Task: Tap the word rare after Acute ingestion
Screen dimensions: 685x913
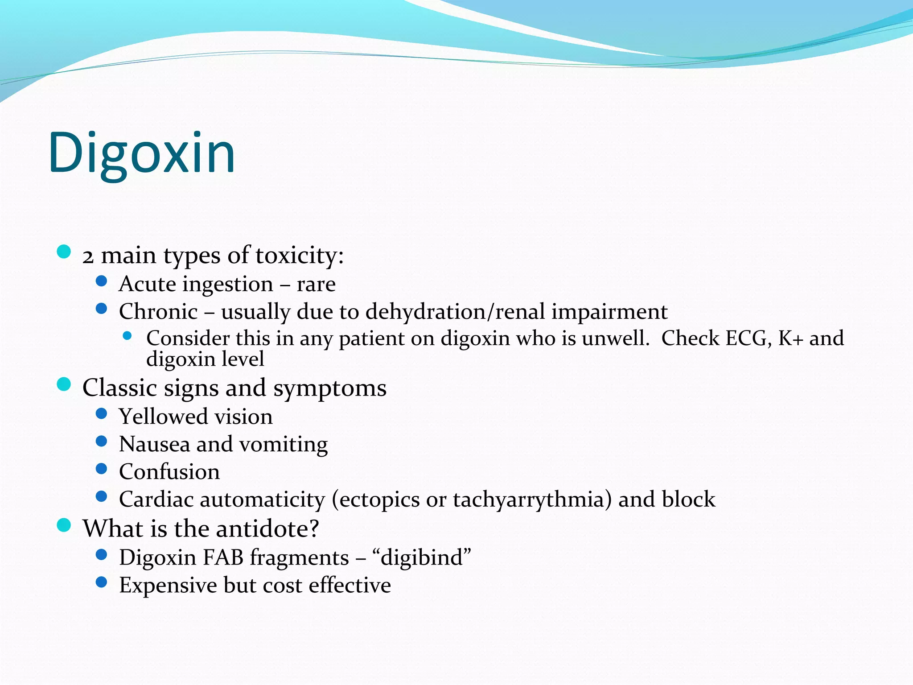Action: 316,284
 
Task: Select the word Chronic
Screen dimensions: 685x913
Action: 158,311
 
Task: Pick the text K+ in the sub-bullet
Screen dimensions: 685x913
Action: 790,338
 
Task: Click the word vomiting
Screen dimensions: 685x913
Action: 284,445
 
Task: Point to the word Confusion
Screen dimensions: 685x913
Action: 169,472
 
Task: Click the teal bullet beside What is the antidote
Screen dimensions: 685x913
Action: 64,525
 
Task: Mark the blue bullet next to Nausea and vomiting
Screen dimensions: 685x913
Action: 102,442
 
